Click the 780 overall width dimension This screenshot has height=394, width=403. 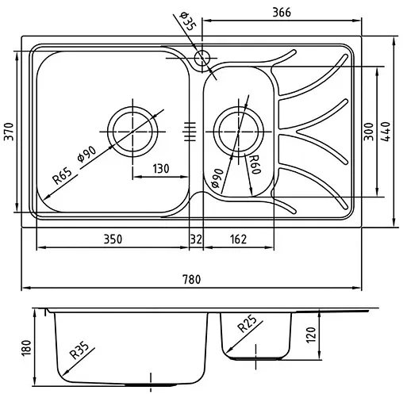pyautogui.click(x=191, y=279)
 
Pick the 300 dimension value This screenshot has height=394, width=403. pyautogui.click(x=368, y=132)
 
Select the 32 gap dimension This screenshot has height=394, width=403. pyautogui.click(x=195, y=238)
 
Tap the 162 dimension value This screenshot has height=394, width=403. pyautogui.click(x=238, y=238)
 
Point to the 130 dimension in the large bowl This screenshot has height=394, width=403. pyautogui.click(x=161, y=167)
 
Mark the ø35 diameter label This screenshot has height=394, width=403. pyautogui.click(x=187, y=21)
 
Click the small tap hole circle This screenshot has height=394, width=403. pyautogui.click(x=201, y=57)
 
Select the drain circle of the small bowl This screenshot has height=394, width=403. pyautogui.click(x=238, y=129)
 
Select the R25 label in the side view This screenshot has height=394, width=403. pyautogui.click(x=246, y=325)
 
